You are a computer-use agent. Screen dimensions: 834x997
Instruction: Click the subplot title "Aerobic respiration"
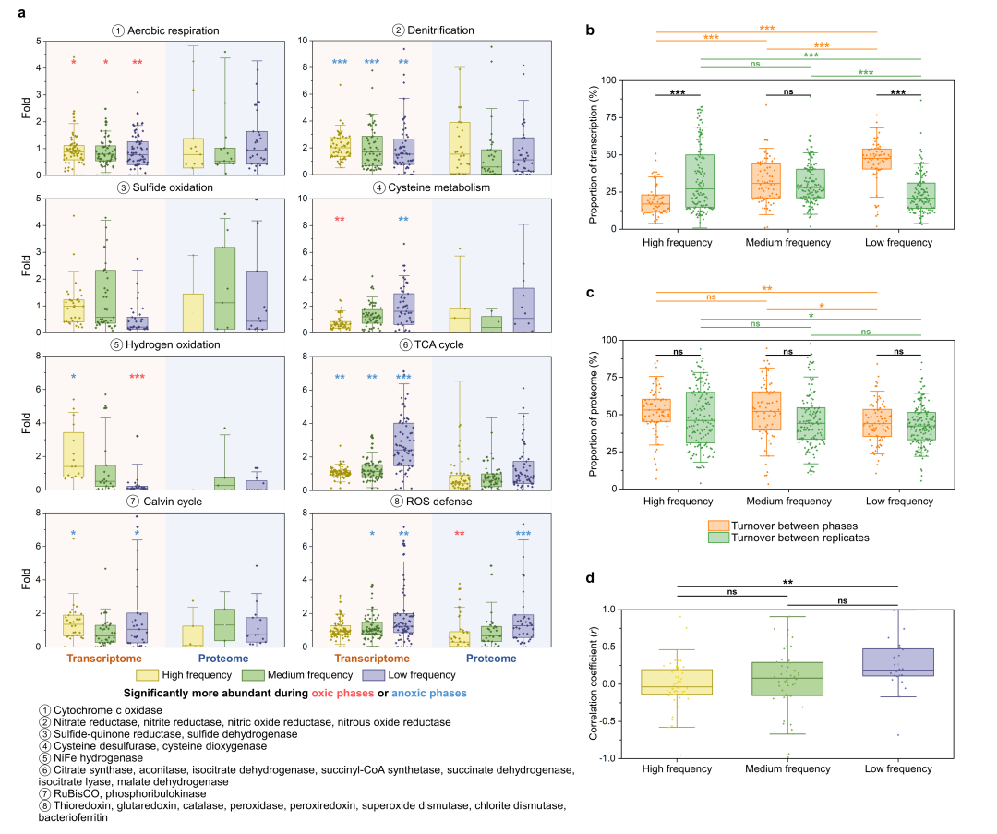point(174,30)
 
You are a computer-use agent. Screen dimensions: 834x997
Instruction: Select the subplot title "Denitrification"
point(439,30)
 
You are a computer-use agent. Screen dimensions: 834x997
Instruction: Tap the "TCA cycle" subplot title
point(439,344)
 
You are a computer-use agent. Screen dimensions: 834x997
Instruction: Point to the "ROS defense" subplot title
point(439,501)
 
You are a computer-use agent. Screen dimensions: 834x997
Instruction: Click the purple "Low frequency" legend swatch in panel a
point(367,675)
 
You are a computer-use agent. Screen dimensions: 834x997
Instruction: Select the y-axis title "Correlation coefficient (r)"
point(595,684)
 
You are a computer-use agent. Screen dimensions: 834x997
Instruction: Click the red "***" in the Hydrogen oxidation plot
point(138,377)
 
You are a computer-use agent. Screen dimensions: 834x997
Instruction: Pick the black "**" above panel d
point(787,583)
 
